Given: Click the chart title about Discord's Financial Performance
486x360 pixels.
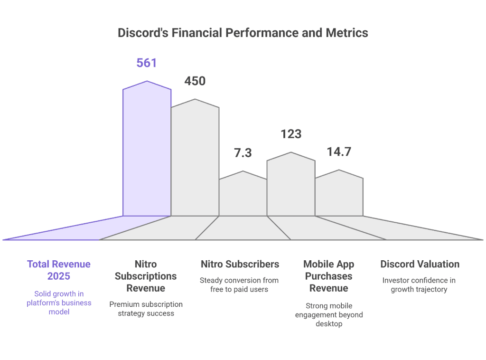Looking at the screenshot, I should [x=243, y=33].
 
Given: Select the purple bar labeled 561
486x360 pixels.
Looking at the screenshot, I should [x=147, y=152].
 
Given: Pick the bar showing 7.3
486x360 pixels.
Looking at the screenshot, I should [x=243, y=195].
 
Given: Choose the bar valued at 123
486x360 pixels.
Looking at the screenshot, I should [x=290, y=185].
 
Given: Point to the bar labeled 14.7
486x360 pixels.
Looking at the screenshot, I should [x=339, y=195].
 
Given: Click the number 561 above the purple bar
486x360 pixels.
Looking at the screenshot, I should [x=147, y=63].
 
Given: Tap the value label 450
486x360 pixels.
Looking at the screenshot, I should [x=195, y=81].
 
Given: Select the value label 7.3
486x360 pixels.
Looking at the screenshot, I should [x=243, y=153].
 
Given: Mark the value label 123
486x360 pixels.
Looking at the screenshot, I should [x=291, y=134].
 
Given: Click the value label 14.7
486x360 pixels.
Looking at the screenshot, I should [x=339, y=152].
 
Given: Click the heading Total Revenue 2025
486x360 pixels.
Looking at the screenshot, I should [x=59, y=270].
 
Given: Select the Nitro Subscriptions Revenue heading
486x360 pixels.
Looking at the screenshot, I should [x=146, y=276].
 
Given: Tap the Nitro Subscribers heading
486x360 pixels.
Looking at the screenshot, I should [x=240, y=264].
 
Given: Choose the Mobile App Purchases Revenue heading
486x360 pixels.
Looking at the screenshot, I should [x=328, y=276].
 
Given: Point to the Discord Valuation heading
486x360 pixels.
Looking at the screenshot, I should [x=420, y=264].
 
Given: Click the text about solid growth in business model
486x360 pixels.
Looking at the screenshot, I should [x=59, y=303].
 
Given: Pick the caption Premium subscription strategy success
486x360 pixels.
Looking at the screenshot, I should [x=146, y=309].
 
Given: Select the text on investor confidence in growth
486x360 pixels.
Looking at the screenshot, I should [x=419, y=284].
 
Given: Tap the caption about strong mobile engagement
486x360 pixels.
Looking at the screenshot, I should [x=328, y=314].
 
